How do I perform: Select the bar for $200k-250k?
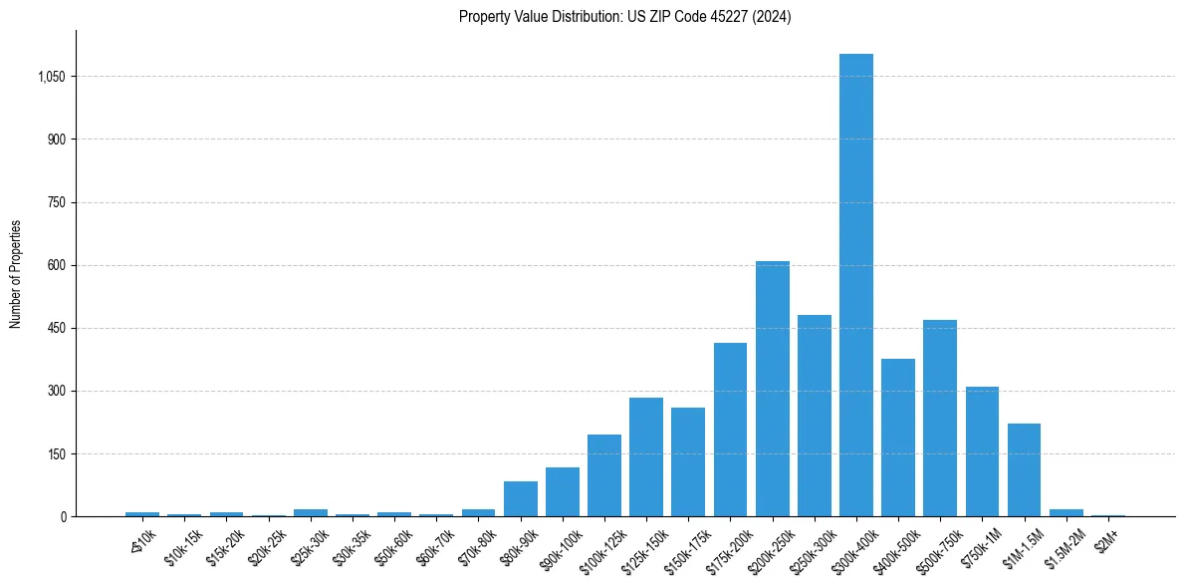pos(772,389)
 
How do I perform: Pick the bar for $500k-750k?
pos(940,419)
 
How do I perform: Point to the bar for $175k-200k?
pos(730,430)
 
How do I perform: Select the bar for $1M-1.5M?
pos(1024,469)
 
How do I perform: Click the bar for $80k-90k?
pos(520,498)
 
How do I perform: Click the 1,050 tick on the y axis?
pos(50,77)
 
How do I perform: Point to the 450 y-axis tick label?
pos(56,328)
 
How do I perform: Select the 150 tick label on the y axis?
pos(56,453)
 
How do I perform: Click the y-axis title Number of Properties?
pos(15,273)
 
